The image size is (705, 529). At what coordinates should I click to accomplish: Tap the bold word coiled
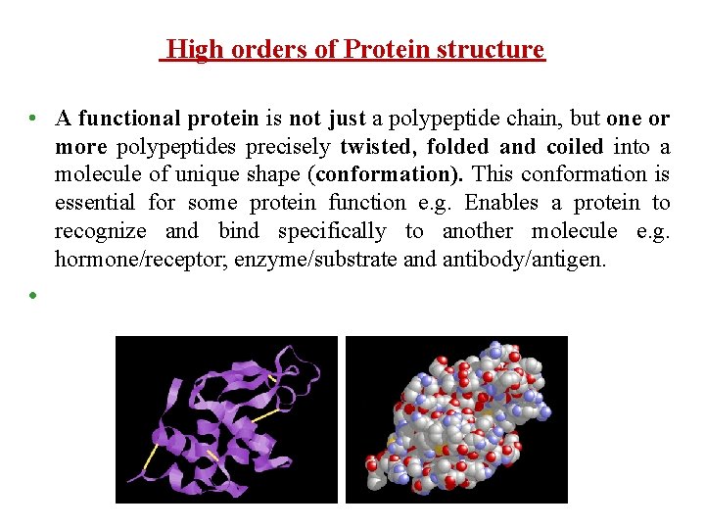tap(575, 147)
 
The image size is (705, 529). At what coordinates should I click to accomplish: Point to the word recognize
tap(100, 231)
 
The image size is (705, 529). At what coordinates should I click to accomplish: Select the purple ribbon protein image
tap(226, 419)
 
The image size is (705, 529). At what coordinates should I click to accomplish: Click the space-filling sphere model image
tap(456, 419)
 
